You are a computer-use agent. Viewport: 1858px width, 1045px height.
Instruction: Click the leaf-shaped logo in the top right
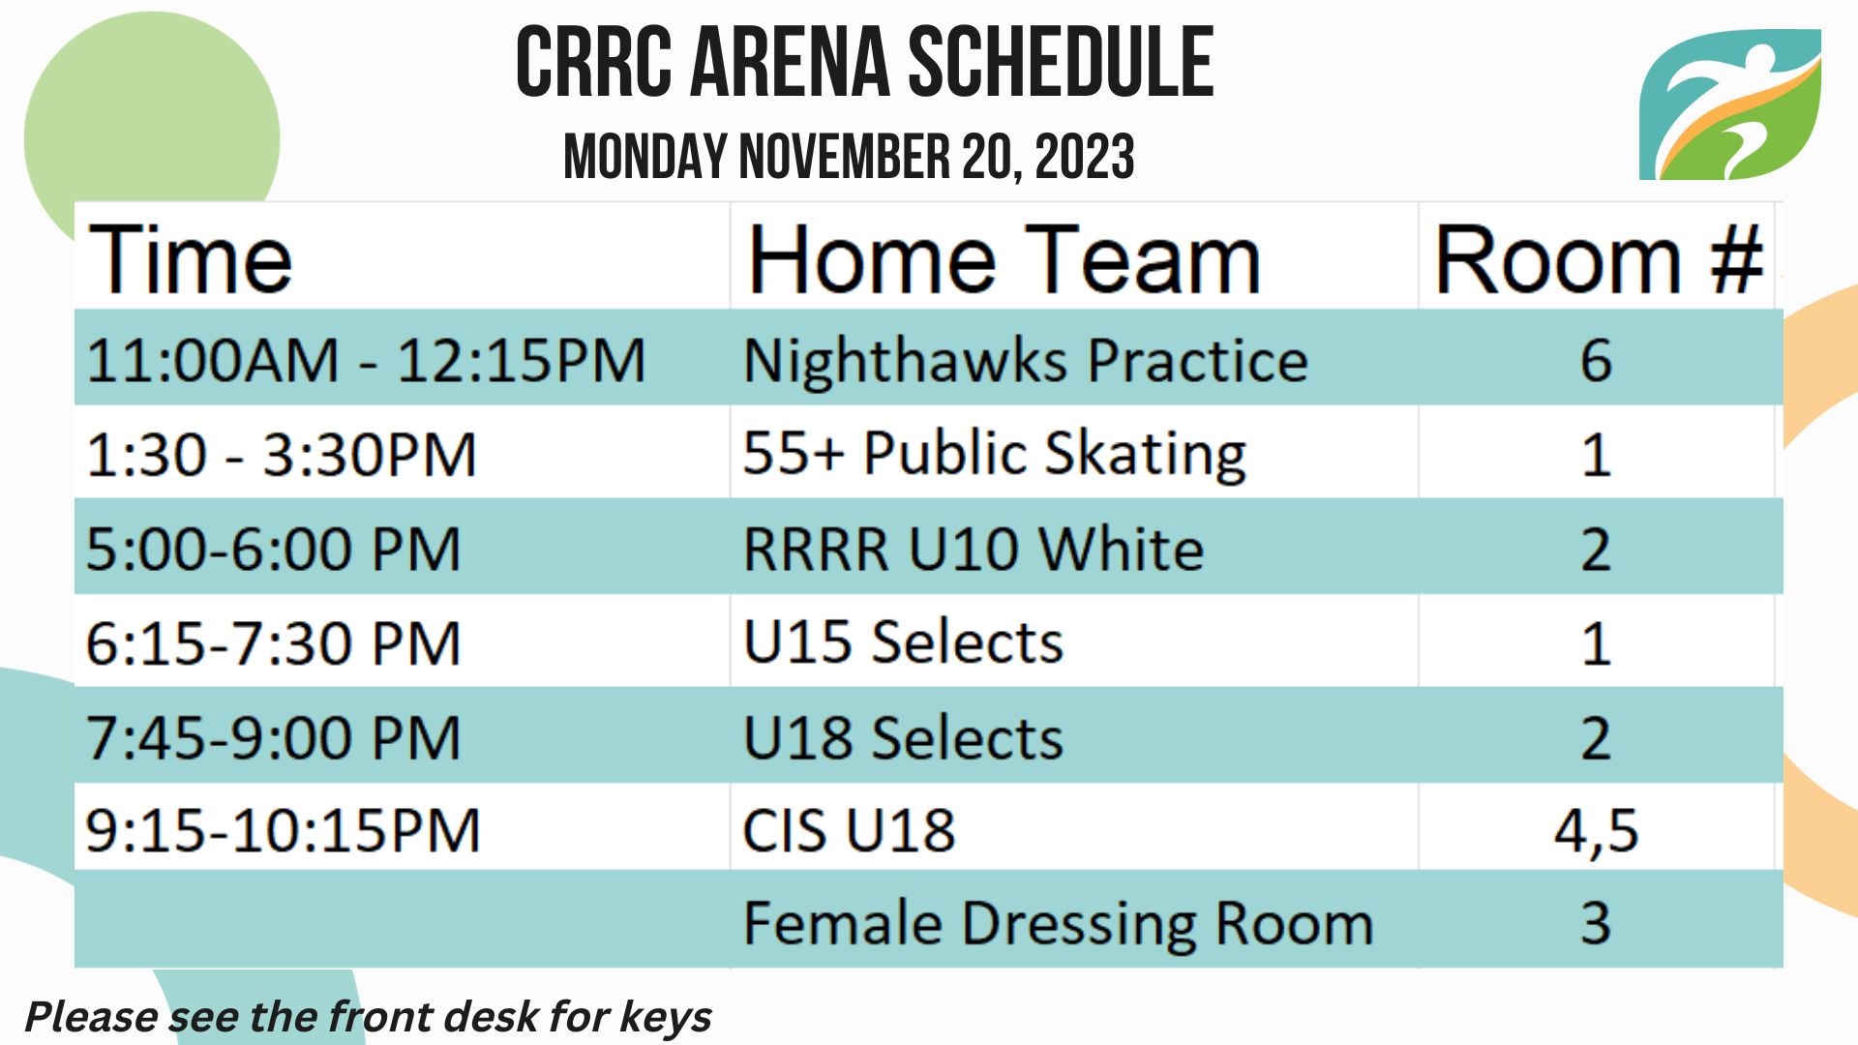tap(1730, 104)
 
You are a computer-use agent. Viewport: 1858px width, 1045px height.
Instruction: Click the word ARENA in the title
tap(790, 63)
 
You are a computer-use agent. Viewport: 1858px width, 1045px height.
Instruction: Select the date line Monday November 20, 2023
tap(849, 157)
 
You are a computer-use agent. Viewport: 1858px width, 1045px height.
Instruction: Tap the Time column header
tap(190, 258)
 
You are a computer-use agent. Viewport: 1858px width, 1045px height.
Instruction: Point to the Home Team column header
tap(1004, 258)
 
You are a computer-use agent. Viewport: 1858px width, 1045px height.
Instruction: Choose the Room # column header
tap(1598, 258)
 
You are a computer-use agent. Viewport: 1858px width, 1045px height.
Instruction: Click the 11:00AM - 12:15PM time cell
tap(366, 360)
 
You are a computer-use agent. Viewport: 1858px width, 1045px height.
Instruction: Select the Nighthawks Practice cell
tap(1026, 360)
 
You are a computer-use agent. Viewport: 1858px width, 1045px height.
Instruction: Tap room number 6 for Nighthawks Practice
tap(1596, 360)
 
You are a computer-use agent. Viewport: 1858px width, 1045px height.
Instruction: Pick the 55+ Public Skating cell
tap(994, 454)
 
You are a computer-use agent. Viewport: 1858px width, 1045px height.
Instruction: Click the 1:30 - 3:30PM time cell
tap(281, 455)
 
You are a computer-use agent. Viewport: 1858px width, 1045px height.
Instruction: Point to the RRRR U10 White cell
tap(973, 549)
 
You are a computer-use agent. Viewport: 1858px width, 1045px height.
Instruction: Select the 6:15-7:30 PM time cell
tap(272, 643)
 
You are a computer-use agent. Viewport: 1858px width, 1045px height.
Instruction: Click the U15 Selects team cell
tap(903, 642)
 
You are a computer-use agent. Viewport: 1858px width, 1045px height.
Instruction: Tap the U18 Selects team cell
tap(903, 737)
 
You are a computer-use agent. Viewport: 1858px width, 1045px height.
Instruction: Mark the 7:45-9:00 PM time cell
tap(272, 737)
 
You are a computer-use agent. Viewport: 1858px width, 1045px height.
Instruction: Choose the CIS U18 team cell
tap(849, 830)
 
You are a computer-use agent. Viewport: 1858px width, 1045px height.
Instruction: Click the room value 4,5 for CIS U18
tap(1596, 831)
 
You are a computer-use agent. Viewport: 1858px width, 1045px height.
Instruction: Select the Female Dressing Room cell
tap(1058, 924)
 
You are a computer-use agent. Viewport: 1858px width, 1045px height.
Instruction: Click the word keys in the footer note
tap(665, 1018)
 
